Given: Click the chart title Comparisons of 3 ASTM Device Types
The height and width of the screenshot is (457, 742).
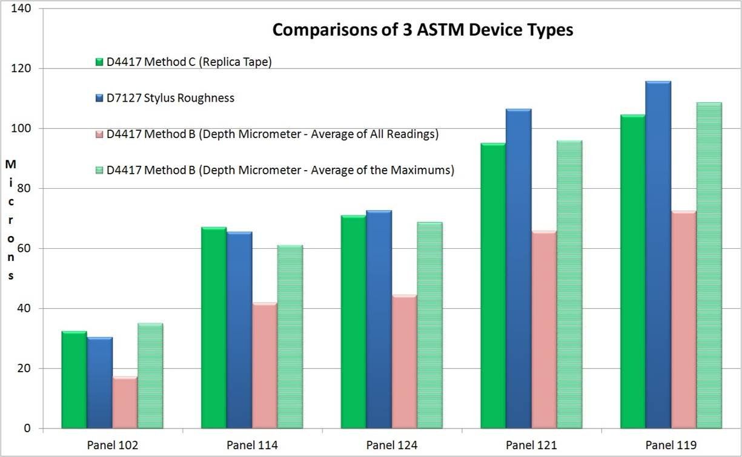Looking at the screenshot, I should click(422, 30).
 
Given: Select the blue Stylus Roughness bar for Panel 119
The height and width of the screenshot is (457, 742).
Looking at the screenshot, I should click(658, 254).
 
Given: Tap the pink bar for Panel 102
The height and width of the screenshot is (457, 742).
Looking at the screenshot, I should click(125, 402).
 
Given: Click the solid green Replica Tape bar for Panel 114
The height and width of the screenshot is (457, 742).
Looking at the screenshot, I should click(214, 327).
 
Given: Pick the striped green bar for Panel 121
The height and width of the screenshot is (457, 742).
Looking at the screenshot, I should click(569, 284).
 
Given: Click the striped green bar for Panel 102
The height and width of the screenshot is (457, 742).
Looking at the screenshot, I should click(150, 375).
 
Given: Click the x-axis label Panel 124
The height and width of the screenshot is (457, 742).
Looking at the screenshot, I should click(391, 445).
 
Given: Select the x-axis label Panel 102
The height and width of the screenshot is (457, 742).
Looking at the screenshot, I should click(113, 445).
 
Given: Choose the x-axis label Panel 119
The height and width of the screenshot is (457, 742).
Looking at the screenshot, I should click(671, 445).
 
